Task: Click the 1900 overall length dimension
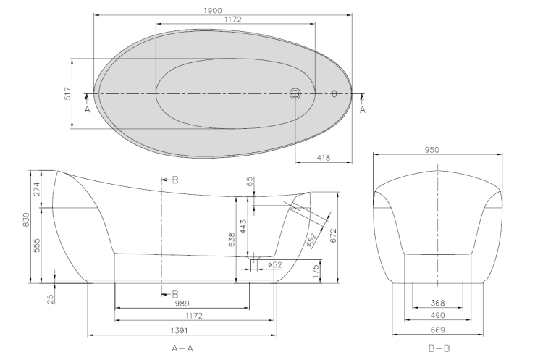[x=213, y=11]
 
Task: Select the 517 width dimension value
[x=68, y=93]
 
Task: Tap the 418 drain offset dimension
[x=324, y=158]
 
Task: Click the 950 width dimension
[x=432, y=150]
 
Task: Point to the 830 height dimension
[x=26, y=220]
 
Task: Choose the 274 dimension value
[x=37, y=189]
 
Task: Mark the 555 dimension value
[x=37, y=245]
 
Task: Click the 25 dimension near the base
[x=51, y=299]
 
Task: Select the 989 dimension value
[x=182, y=304]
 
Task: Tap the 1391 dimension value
[x=179, y=330]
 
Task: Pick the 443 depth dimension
[x=243, y=226]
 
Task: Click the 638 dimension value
[x=232, y=240]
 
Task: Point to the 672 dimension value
[x=334, y=235]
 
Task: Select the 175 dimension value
[x=316, y=272]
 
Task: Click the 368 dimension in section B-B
[x=438, y=303]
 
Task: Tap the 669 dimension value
[x=438, y=330]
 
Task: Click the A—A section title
[x=182, y=348]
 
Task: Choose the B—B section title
[x=439, y=348]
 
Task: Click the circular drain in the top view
[x=295, y=93]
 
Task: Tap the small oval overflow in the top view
[x=334, y=93]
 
